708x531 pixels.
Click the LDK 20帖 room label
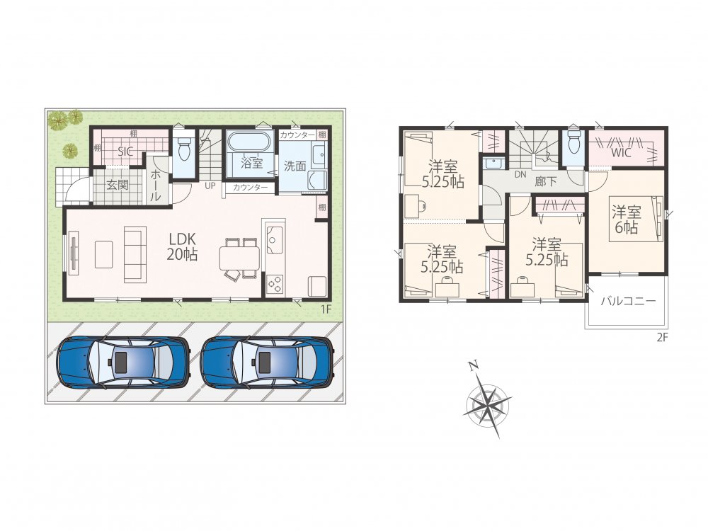coord(183,246)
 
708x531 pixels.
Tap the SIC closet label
coord(125,152)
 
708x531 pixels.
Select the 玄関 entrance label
coord(118,184)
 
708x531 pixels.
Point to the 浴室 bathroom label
coord(251,163)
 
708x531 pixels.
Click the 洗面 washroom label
coord(295,166)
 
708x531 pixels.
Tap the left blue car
coord(122,362)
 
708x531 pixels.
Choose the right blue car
coord(268,362)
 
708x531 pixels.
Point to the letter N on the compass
coord(473,366)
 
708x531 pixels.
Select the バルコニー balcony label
coord(627,302)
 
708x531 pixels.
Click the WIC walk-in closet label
coord(621,153)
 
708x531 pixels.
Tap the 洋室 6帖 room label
coord(627,219)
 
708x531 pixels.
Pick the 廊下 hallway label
coord(545,181)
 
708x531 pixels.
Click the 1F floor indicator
coord(326,309)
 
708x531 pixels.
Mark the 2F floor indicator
coord(662,337)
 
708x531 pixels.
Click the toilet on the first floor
coord(184,148)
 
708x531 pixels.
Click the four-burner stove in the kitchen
coord(275,284)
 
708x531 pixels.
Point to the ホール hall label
coord(155,185)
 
